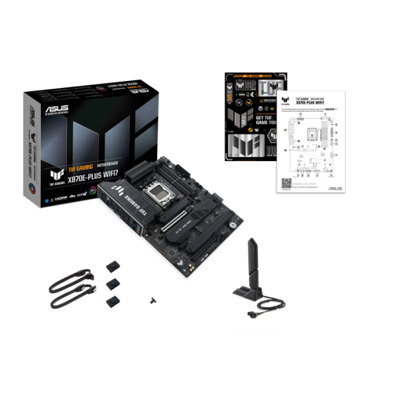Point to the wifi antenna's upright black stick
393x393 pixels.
pyautogui.click(x=253, y=263)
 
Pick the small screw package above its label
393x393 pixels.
pyautogui.click(x=152, y=300)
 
